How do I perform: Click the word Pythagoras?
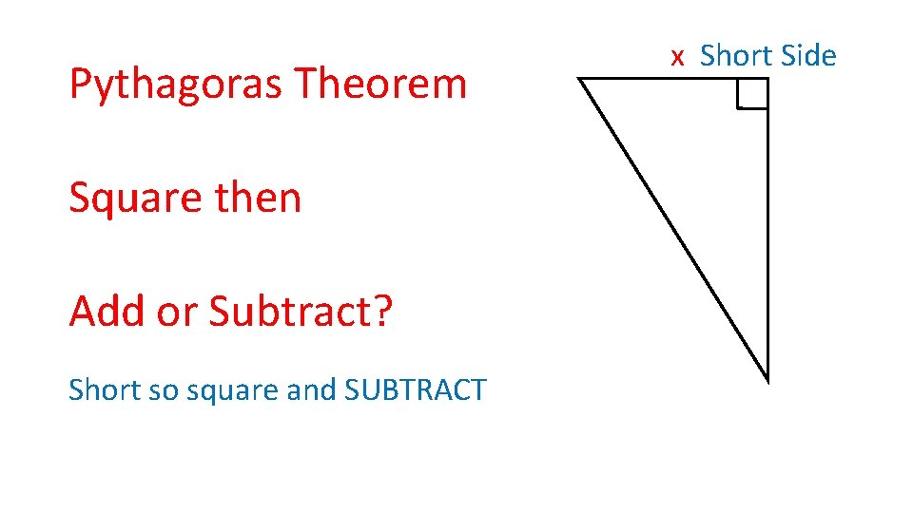176,85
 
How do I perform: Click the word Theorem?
380,84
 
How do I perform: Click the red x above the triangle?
677,58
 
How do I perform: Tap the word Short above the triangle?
734,56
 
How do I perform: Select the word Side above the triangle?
806,56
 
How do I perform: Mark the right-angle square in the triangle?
752,94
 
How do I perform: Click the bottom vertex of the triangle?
767,379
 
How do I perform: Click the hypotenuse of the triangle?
673,228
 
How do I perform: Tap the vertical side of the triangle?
767,237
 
